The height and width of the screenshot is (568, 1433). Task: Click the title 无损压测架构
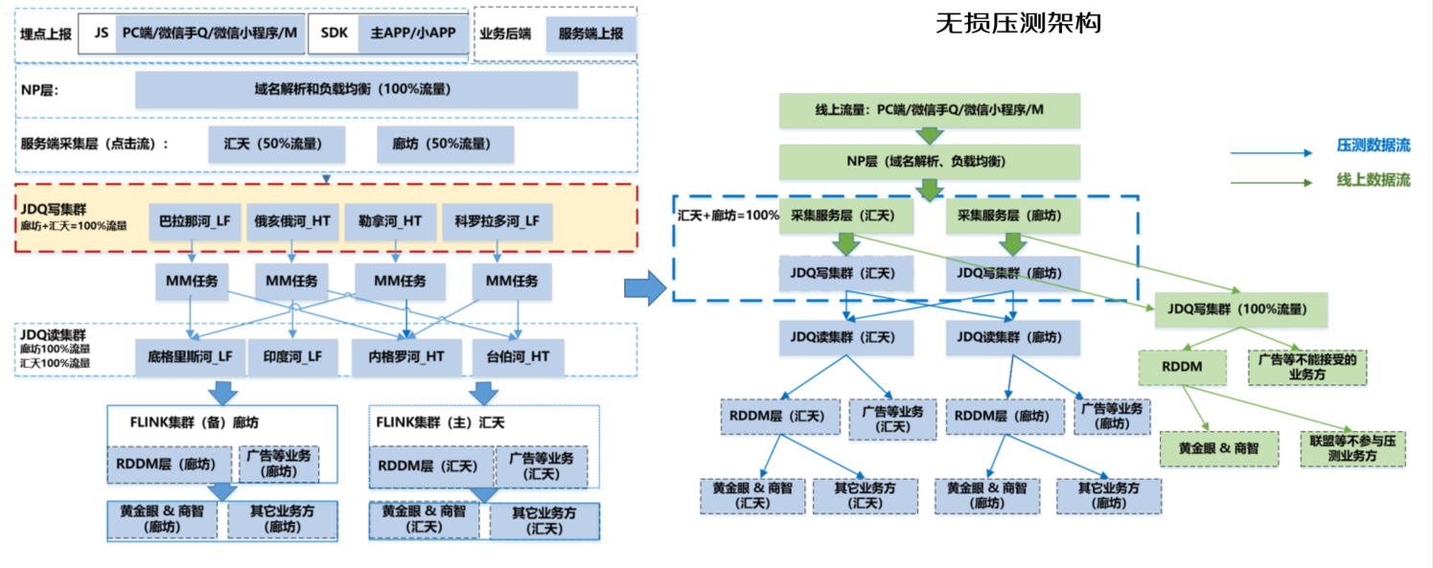[x=1018, y=23]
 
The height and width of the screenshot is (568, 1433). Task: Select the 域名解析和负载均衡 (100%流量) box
[x=356, y=90]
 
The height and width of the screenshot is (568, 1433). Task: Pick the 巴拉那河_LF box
[x=195, y=221]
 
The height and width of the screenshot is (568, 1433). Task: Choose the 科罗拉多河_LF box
[x=497, y=221]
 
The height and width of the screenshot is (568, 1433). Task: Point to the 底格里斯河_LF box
[x=191, y=356]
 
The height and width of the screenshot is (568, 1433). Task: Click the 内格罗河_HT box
[x=406, y=356]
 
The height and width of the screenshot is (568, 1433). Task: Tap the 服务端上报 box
[x=590, y=33]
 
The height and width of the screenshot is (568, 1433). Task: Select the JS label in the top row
[x=101, y=33]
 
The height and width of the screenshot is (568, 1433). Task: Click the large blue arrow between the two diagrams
[x=644, y=286]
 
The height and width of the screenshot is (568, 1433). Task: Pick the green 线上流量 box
[x=930, y=111]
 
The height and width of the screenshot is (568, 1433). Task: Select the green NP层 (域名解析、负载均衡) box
[x=930, y=162]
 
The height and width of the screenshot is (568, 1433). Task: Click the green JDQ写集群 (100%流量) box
[x=1241, y=308]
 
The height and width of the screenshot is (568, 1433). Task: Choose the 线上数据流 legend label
[x=1373, y=180]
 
